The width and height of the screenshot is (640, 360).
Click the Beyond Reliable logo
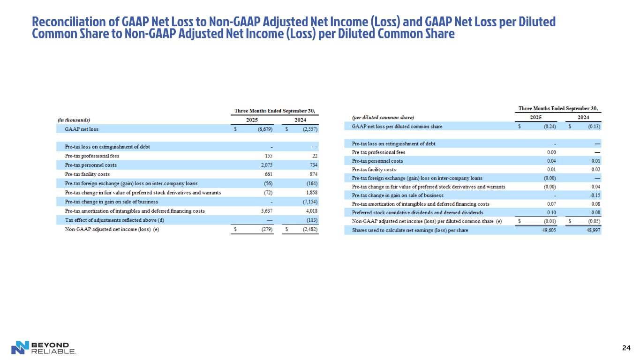point(43,347)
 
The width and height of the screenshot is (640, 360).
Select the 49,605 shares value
point(547,231)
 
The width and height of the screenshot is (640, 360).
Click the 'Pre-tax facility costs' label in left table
point(87,174)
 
